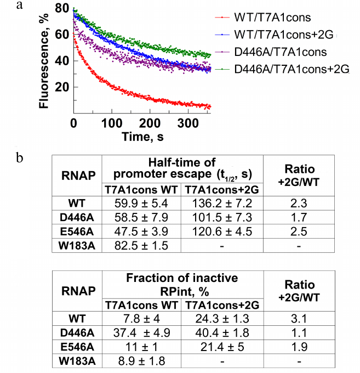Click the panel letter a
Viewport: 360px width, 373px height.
pos(19,6)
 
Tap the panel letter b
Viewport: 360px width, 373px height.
pos(20,159)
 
